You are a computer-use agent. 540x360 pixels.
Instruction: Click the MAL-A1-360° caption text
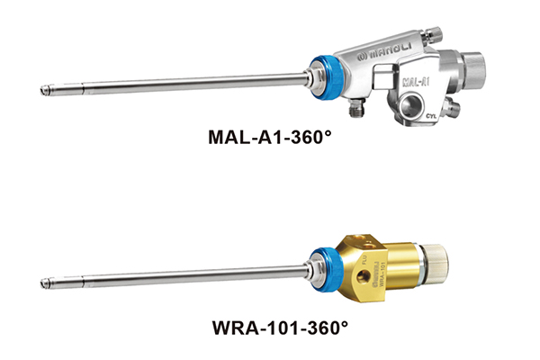coord(270,137)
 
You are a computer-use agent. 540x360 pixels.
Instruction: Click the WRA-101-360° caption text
coord(280,327)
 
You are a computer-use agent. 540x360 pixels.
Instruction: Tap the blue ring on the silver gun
coord(327,78)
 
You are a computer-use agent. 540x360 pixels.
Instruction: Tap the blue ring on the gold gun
coord(327,270)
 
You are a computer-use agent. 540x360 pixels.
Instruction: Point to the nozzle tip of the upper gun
coord(44,91)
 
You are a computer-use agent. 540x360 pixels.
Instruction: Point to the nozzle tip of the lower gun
coord(44,283)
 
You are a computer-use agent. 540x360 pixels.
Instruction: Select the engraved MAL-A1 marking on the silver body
coord(417,82)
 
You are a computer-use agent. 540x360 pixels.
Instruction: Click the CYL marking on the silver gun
coord(431,116)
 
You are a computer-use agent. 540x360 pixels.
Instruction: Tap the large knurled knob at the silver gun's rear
coord(473,71)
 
